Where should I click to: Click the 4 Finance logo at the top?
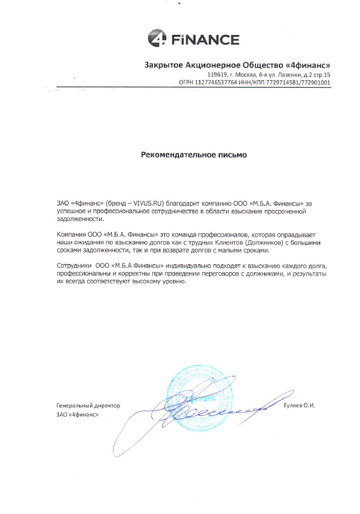pos(193,39)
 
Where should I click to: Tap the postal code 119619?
pos(217,75)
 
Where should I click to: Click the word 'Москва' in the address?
pos(245,75)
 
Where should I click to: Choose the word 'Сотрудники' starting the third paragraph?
pos(74,265)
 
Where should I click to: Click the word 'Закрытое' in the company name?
pos(163,65)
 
